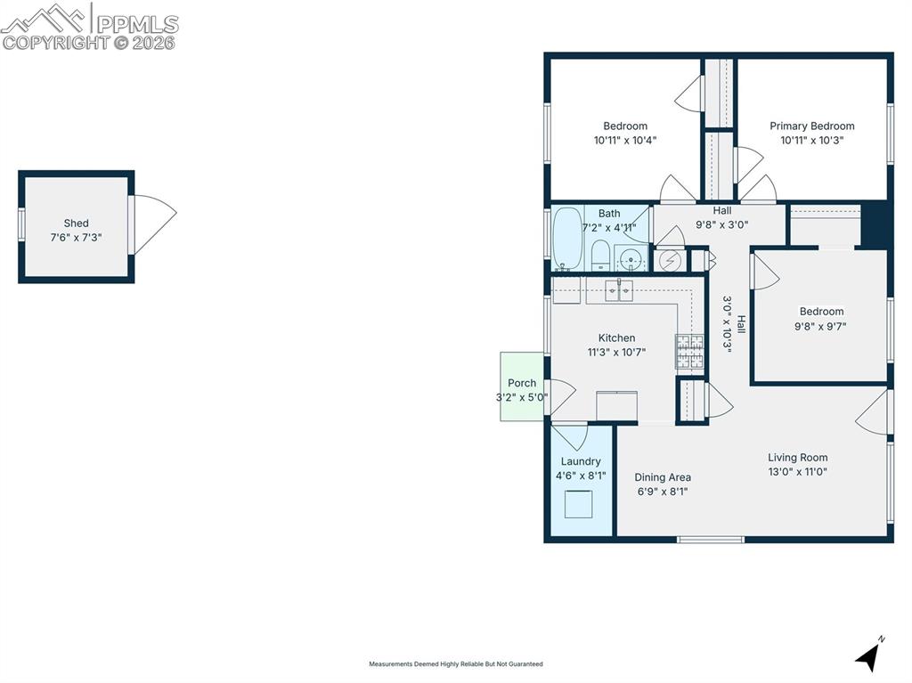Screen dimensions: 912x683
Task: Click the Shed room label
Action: click(x=77, y=223)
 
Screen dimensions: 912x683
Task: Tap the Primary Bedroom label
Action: click(x=812, y=126)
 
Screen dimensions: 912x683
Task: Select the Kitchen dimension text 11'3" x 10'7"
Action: click(x=616, y=352)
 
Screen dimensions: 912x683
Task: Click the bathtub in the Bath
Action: click(x=567, y=239)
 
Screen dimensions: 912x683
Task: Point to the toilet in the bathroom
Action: click(x=600, y=256)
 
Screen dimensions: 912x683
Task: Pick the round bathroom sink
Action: click(x=631, y=257)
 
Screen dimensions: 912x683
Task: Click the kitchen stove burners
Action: click(x=689, y=352)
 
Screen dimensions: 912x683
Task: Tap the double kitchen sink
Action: click(x=619, y=289)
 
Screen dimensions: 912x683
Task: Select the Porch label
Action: click(x=522, y=383)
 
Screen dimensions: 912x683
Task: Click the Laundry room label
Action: click(x=581, y=461)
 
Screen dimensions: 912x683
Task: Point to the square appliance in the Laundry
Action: click(x=579, y=504)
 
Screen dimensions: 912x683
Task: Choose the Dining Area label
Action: click(x=663, y=477)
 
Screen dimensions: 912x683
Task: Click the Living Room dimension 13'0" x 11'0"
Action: click(x=797, y=472)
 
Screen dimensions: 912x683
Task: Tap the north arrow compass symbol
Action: click(x=869, y=656)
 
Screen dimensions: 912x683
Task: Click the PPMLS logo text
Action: click(x=137, y=24)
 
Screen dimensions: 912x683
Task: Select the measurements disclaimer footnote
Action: click(x=456, y=663)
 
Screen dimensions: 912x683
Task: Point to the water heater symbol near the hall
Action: click(x=670, y=261)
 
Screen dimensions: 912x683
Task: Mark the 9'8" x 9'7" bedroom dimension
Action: click(x=820, y=327)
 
